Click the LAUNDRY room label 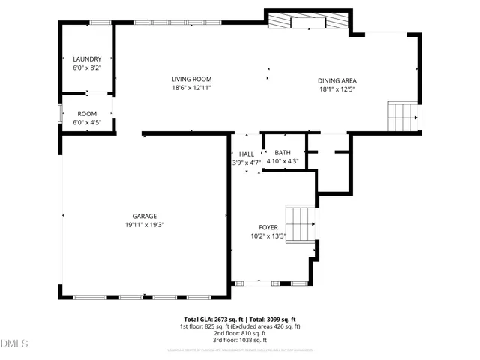(87, 59)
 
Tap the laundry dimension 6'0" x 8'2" (87, 68)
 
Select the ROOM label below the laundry (87, 114)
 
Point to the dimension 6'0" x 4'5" (87, 123)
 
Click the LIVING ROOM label (191, 79)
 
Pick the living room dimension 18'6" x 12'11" (191, 88)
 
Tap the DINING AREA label (337, 80)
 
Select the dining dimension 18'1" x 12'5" (337, 89)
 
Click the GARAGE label (145, 216)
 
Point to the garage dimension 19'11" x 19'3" (145, 225)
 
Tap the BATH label (283, 152)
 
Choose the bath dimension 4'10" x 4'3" (283, 161)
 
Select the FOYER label (268, 227)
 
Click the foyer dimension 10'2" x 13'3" (268, 236)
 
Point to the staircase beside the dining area (403, 116)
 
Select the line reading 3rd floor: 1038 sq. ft (240, 340)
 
